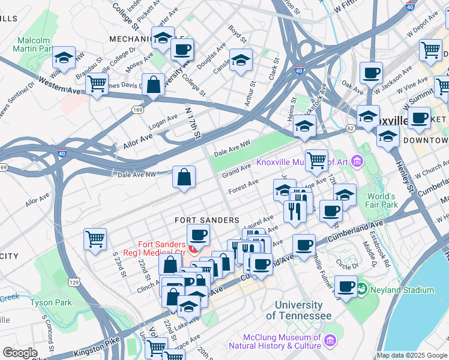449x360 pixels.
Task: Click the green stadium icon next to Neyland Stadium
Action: tap(361, 290)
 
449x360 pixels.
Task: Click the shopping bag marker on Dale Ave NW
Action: tap(184, 178)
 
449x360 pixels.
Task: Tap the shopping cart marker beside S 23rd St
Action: tap(95, 239)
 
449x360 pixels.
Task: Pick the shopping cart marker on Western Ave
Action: tap(97, 84)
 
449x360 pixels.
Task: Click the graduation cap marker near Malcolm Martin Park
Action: tap(63, 58)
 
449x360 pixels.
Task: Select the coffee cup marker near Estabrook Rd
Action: tap(345, 286)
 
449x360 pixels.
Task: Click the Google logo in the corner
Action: tap(20, 352)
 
